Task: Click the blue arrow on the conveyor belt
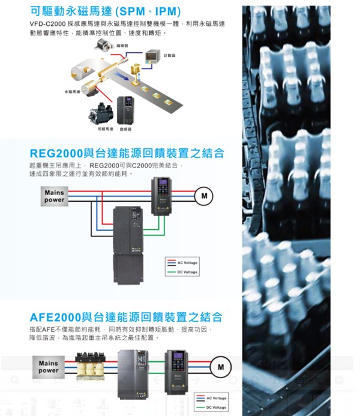(x=122, y=77)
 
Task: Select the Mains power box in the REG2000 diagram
(x=54, y=196)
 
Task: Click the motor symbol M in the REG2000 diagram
(x=204, y=196)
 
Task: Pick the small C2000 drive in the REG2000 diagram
(x=161, y=196)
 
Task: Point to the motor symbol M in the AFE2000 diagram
(x=221, y=367)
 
